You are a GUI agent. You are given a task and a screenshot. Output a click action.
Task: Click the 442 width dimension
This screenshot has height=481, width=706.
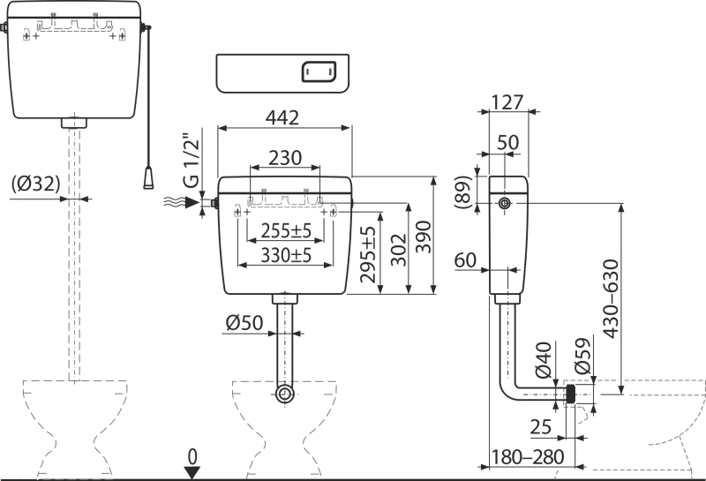(282, 117)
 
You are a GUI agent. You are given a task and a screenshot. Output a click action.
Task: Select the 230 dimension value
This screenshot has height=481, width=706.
(285, 158)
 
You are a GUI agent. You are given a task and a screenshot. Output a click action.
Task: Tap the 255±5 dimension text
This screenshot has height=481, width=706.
(286, 230)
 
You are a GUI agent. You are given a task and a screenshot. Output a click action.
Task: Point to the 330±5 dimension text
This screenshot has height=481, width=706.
(286, 255)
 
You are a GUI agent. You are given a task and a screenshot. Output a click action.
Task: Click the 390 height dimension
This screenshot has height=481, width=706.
(424, 237)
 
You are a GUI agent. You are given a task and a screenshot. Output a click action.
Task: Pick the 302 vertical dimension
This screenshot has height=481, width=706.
(399, 250)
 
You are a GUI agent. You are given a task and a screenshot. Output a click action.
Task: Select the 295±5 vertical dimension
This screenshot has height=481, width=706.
(368, 254)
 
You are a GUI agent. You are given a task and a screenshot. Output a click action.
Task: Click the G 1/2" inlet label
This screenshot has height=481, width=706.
(191, 161)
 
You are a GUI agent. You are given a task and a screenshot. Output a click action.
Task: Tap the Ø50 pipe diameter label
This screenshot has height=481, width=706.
(244, 322)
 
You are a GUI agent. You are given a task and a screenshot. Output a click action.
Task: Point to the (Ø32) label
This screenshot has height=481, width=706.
(35, 184)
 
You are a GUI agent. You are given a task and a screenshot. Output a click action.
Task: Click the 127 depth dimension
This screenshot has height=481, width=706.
(507, 102)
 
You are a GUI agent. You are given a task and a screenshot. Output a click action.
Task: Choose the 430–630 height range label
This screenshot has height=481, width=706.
(611, 298)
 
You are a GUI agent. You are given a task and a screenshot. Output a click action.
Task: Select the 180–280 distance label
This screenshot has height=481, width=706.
(527, 457)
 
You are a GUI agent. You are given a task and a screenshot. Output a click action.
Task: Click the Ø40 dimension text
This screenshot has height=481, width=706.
(544, 359)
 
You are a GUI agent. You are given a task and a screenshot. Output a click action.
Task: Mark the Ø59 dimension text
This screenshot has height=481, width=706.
(583, 356)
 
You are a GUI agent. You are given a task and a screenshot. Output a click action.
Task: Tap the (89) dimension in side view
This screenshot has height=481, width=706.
(463, 192)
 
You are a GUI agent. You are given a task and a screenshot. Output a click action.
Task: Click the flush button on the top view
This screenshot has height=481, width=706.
(319, 71)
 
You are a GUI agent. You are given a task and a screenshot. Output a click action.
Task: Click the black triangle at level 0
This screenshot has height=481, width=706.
(192, 473)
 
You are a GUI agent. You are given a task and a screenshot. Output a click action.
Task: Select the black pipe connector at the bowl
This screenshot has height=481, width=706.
(571, 395)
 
